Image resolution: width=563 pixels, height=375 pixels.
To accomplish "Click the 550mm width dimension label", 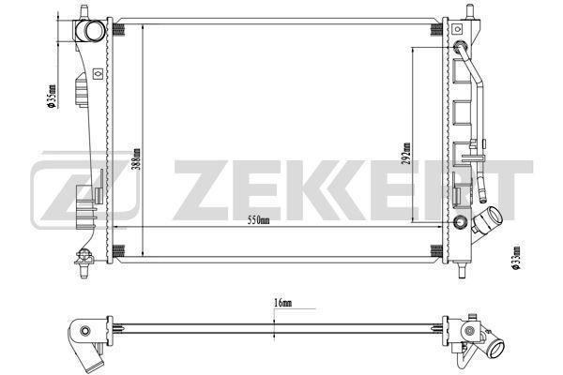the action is tap(259, 220).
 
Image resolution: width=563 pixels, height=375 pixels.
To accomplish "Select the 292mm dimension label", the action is tap(407, 153).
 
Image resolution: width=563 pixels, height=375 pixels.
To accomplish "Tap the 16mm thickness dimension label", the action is tap(283, 303).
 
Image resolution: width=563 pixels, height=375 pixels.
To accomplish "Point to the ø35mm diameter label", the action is tap(52, 96).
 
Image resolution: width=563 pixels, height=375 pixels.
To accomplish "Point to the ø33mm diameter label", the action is tap(517, 257).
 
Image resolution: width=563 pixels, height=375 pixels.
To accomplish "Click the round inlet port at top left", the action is tap(95, 31).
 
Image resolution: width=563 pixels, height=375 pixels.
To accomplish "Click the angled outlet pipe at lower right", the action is tap(488, 221).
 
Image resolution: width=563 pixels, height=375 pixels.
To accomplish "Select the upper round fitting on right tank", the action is tap(460, 47).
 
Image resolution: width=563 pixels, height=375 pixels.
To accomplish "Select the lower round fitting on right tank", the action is tap(460, 222).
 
